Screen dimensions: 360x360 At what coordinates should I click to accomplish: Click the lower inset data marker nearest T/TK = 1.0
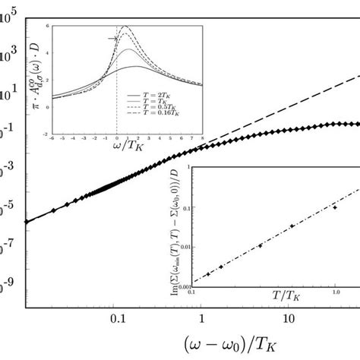pos(334,207)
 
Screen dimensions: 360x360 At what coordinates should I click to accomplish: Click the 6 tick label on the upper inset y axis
pos(49,27)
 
